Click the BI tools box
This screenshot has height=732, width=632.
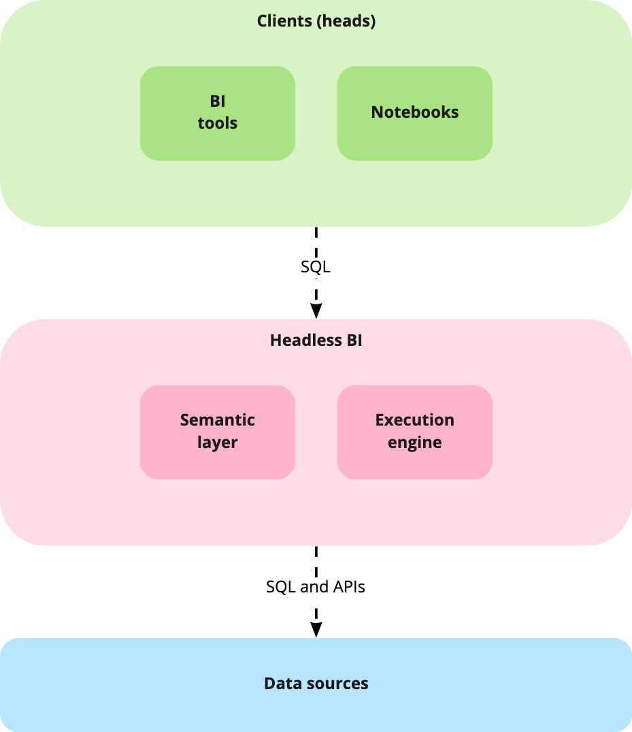[x=217, y=113]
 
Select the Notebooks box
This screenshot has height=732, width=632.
[x=414, y=113]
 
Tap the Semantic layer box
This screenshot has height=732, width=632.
[x=217, y=432]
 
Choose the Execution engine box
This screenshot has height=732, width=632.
[x=414, y=432]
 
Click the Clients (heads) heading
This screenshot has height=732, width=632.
[x=316, y=21]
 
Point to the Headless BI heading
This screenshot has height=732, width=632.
[x=316, y=340]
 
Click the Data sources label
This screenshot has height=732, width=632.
[x=316, y=684]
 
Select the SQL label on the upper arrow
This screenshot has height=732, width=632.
[x=316, y=268]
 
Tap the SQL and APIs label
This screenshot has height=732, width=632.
[x=316, y=586]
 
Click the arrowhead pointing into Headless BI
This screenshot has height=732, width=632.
[x=316, y=311]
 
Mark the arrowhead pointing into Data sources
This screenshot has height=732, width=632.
[x=316, y=630]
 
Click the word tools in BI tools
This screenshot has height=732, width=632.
[x=218, y=124]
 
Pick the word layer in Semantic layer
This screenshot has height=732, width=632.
[x=218, y=443]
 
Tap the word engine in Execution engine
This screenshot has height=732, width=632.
[x=415, y=443]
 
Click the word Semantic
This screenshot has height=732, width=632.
[x=218, y=420]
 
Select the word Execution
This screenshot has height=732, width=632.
[x=415, y=420]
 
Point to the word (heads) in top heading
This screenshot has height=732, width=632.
[x=347, y=21]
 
